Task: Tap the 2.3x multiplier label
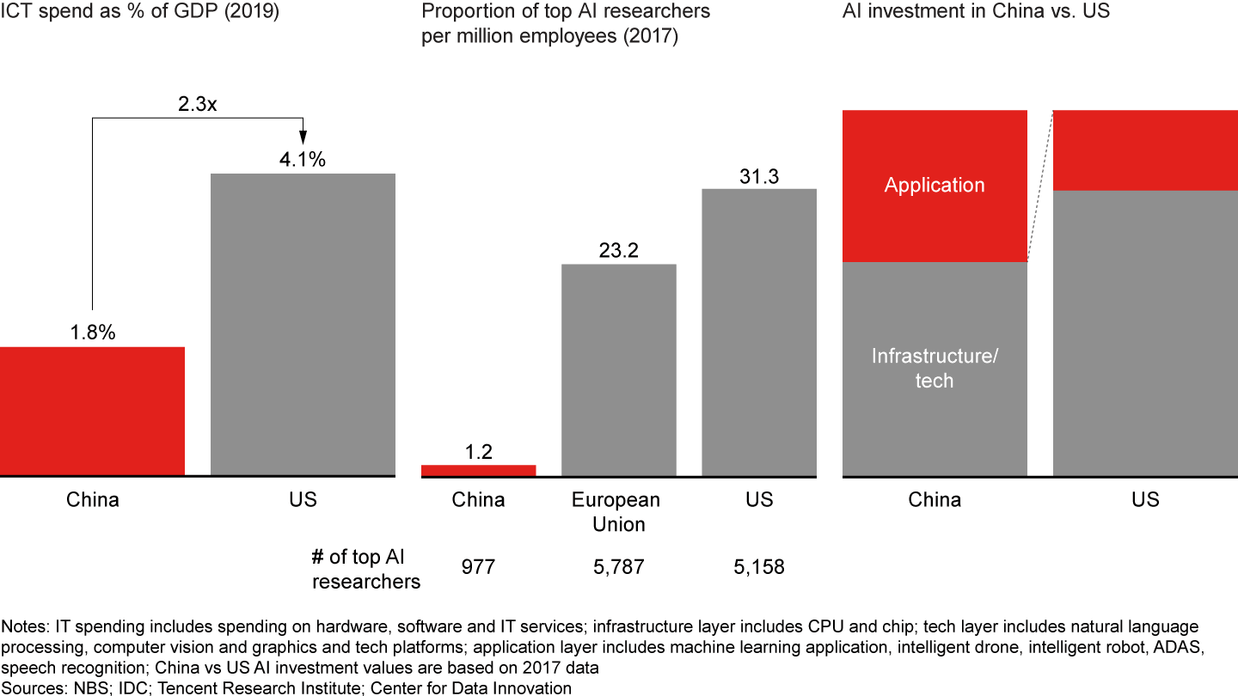coord(198,104)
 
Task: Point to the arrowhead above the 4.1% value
coord(303,138)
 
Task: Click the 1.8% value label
coord(92,333)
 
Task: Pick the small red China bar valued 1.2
coord(478,470)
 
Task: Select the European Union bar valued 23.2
coord(619,369)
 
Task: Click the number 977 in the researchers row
coord(478,567)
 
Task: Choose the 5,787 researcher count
coord(619,567)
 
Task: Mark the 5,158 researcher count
coord(759,567)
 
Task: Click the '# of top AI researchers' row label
coord(366,569)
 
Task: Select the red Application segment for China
coord(935,215)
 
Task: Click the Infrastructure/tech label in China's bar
coord(935,369)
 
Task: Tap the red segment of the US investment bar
coord(1145,150)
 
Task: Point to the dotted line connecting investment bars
coord(1040,186)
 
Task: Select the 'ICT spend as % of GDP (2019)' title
coord(139,12)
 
